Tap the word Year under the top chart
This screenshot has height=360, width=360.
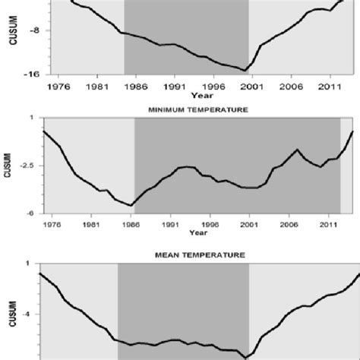coord(201,95)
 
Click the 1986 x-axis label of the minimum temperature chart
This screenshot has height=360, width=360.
coord(131,225)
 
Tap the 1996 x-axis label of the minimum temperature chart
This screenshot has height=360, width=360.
coord(210,225)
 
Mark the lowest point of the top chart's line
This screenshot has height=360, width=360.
coord(245,71)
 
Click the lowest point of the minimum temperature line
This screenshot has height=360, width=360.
coord(131,205)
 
